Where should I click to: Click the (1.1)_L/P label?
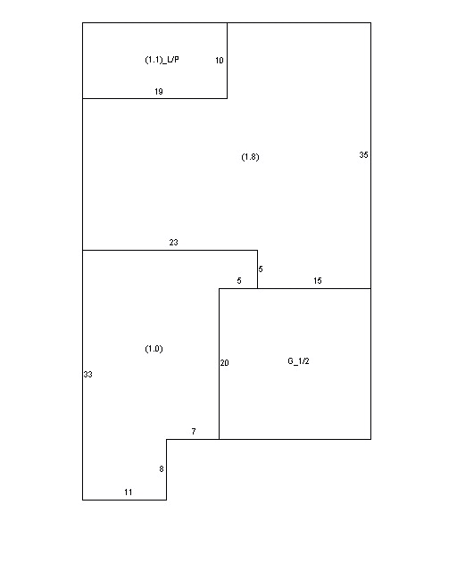[x=162, y=60]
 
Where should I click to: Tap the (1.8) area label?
[x=250, y=157]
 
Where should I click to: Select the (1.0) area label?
[x=154, y=349]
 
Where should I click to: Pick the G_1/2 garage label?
[x=298, y=361]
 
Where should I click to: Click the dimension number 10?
[x=219, y=61]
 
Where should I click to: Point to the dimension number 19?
[x=159, y=92]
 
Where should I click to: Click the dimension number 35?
[x=363, y=154]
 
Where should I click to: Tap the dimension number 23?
[x=173, y=242]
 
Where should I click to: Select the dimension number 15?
[x=318, y=281]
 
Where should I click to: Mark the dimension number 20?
[x=225, y=363]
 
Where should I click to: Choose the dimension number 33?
[x=87, y=375]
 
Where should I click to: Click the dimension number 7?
[x=194, y=432]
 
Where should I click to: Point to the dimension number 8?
[x=162, y=469]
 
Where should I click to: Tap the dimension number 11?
[x=128, y=492]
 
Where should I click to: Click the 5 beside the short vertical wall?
[x=261, y=269]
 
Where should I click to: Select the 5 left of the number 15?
[x=239, y=281]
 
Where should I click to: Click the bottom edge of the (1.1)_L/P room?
[x=155, y=98]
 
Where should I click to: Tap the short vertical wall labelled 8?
[x=167, y=469]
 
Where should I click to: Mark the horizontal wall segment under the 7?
[x=193, y=439]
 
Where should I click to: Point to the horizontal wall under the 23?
[x=170, y=250]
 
